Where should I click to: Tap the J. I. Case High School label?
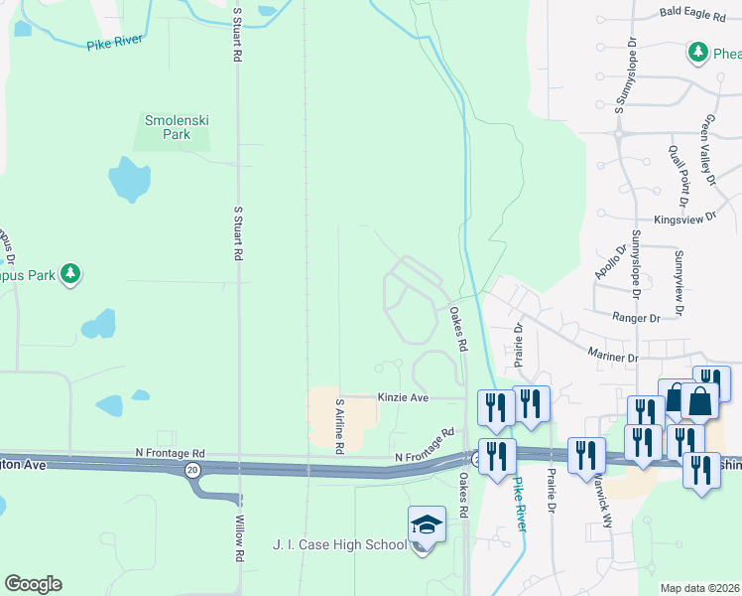[x=339, y=544]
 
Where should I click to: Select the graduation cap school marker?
[x=427, y=523]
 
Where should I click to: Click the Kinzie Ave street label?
[x=402, y=397]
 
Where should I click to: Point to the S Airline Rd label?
[x=339, y=427]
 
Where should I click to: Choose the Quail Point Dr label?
[x=680, y=170]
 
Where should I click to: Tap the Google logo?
[x=33, y=584]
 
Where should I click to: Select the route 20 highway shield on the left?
[x=192, y=469]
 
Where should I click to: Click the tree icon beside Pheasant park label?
[x=698, y=52]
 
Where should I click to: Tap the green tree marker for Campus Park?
[x=69, y=273]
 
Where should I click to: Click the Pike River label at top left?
[x=115, y=43]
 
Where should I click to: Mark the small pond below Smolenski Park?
[x=129, y=179]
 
